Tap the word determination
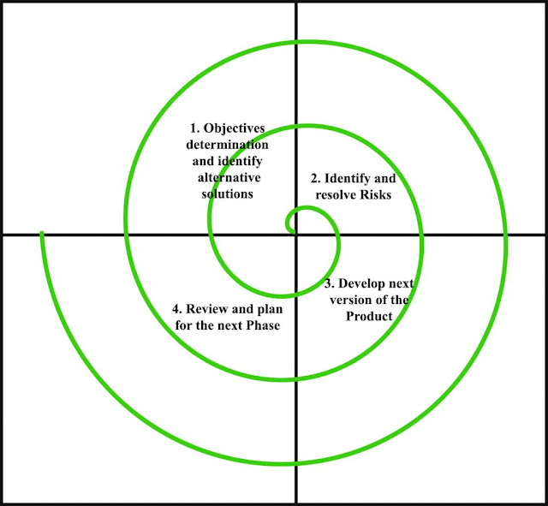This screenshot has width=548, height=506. pos(226,145)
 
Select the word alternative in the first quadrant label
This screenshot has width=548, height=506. pos(226,177)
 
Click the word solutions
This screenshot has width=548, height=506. pos(226,193)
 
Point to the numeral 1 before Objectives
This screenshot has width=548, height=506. pos(194,129)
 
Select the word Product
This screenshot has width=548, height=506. pos(369,316)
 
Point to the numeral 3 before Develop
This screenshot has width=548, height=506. pos(330,283)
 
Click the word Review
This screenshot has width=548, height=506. pos(208,309)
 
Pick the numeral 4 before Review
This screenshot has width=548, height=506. pos(176,309)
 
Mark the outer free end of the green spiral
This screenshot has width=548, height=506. pos(41,234)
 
